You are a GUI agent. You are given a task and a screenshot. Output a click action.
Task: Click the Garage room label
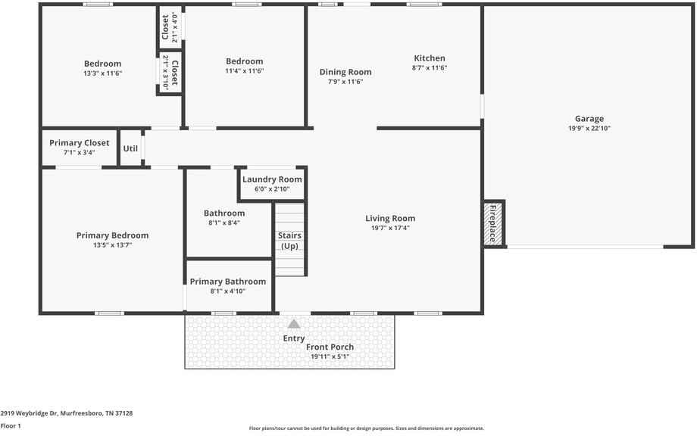click(x=589, y=119)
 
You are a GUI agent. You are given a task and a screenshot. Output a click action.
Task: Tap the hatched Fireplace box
click(x=493, y=223)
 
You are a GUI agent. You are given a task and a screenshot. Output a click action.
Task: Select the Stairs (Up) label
click(x=289, y=241)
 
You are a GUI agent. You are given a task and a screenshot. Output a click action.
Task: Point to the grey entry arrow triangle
click(x=294, y=324)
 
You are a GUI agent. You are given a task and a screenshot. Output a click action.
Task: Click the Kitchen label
click(x=430, y=58)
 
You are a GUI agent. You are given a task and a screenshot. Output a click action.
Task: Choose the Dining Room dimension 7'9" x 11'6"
click(x=345, y=82)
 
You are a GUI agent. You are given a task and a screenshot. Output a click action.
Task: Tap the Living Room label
click(x=390, y=219)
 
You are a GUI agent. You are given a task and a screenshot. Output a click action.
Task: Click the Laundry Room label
click(x=272, y=179)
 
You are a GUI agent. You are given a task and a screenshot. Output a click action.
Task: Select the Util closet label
click(x=130, y=148)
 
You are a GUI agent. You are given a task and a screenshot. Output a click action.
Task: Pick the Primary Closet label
click(x=79, y=143)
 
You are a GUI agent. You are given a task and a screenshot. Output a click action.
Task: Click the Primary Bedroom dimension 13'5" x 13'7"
click(x=112, y=245)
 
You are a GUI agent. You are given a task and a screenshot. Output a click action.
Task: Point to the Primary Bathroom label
click(x=227, y=282)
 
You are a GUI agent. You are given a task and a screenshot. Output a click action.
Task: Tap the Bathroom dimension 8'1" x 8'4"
click(x=224, y=223)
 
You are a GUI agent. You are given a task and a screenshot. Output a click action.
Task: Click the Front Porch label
click(x=330, y=347)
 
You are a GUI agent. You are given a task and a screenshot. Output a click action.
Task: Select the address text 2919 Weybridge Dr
click(x=29, y=413)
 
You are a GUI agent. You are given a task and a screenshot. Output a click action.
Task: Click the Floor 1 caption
click(x=11, y=426)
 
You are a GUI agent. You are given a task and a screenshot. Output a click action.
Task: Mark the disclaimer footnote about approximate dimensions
click(x=366, y=428)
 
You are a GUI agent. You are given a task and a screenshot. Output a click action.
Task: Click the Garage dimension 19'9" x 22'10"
click(x=589, y=129)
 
